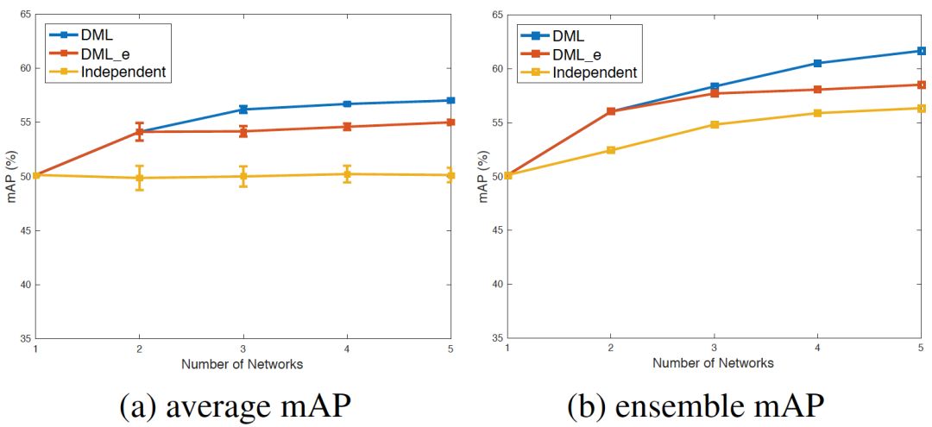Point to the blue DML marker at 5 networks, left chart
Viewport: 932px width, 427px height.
450,100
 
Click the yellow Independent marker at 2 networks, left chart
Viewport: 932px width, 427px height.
140,178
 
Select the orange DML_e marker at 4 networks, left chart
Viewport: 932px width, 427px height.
347,127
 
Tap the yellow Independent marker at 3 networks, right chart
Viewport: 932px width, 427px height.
715,124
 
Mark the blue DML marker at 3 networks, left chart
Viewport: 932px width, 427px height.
243,110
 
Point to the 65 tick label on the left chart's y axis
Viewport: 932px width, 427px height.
25,15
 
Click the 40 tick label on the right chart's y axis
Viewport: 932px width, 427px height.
496,285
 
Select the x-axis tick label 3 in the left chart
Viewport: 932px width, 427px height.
243,349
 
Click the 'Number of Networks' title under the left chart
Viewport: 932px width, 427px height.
242,364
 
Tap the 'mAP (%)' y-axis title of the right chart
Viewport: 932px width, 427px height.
484,177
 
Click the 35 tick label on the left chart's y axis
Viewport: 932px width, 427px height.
25,338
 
